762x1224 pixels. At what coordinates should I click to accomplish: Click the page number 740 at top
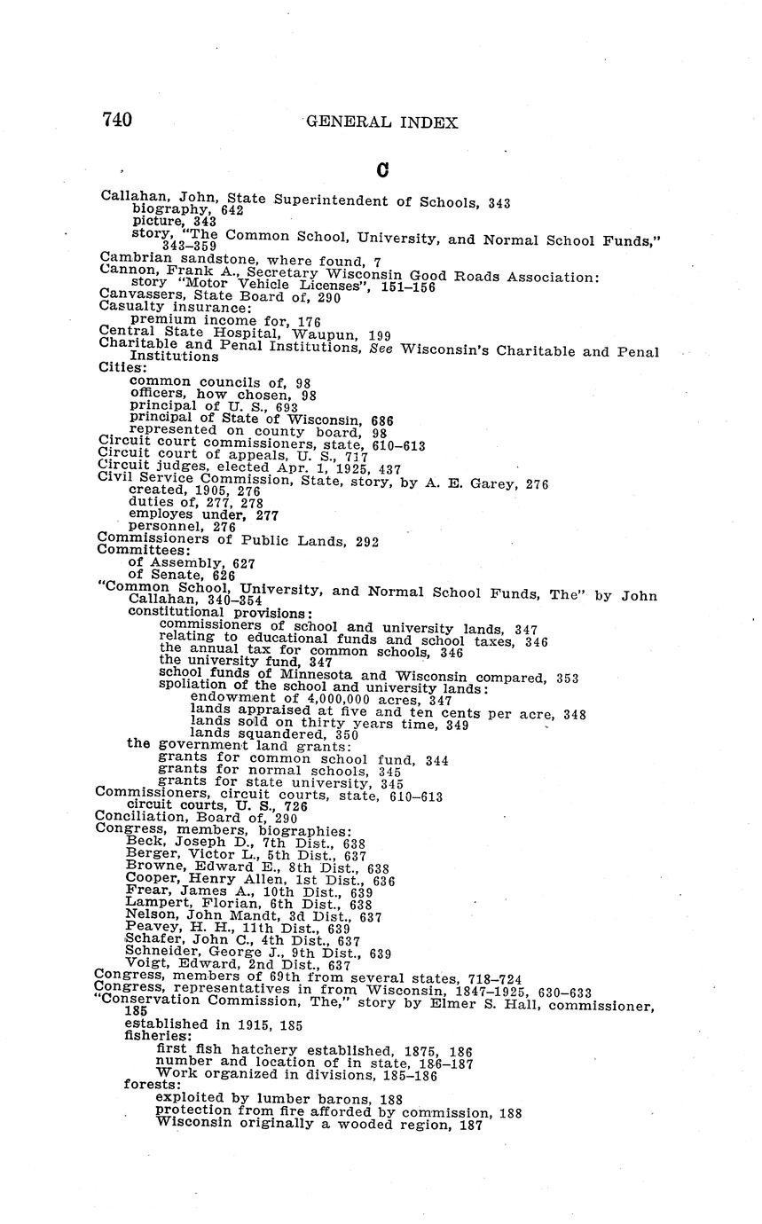117,120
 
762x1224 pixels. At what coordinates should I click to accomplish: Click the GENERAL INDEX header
382,122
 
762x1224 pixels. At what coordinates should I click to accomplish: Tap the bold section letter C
382,169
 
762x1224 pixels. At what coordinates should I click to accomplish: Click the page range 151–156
408,286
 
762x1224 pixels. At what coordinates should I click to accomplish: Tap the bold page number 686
381,420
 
